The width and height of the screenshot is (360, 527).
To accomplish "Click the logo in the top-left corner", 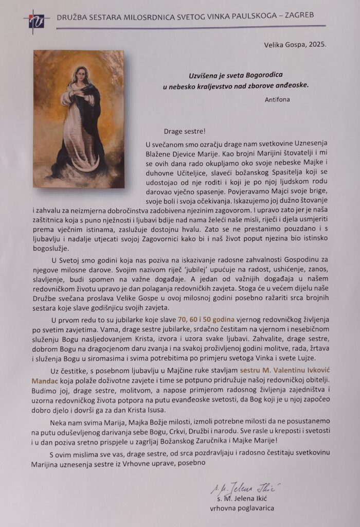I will [x=36, y=21].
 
